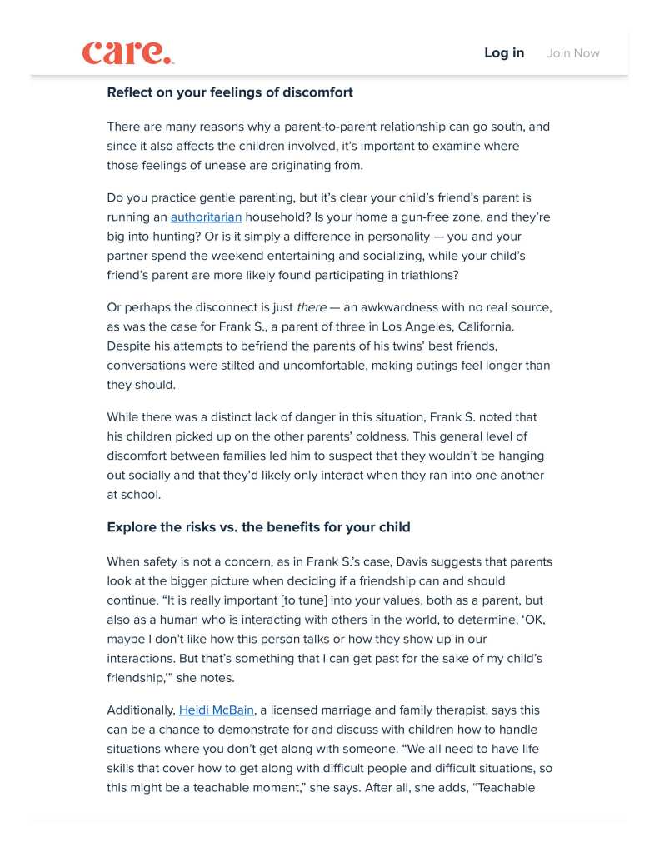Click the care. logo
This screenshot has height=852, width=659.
pyautogui.click(x=127, y=52)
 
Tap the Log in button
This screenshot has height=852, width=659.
pyautogui.click(x=504, y=52)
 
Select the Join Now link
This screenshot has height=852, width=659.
pyautogui.click(x=573, y=53)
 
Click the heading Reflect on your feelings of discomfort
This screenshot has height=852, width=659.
pyautogui.click(x=230, y=92)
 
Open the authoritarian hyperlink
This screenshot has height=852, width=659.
pyautogui.click(x=206, y=217)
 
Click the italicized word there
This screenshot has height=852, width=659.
pyautogui.click(x=312, y=307)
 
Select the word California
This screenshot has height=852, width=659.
pyautogui.click(x=519, y=326)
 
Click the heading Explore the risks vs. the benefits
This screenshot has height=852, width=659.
pyautogui.click(x=258, y=527)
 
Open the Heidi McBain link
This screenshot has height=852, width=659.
pyautogui.click(x=217, y=710)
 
